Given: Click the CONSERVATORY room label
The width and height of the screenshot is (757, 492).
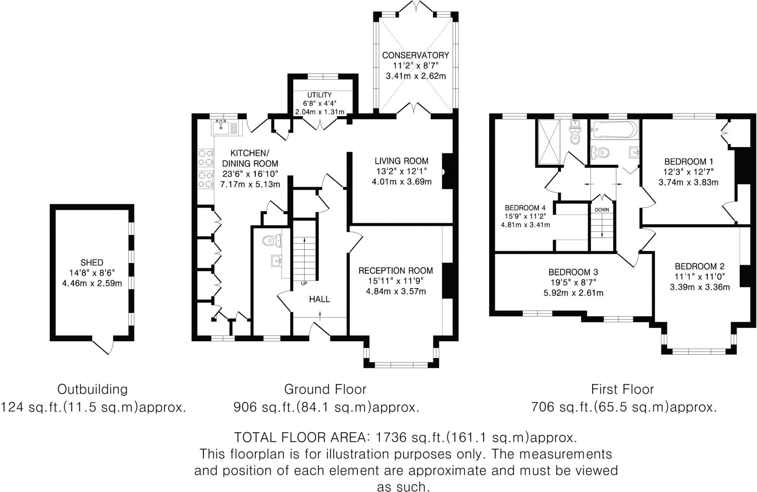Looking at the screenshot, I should (415, 55).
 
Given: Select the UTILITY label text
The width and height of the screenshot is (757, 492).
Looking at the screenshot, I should (319, 95).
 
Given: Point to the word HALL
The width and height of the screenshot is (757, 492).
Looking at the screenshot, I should (319, 299).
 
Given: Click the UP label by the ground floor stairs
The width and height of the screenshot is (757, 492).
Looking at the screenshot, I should (304, 284).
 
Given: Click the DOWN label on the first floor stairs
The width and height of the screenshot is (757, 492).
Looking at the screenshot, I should (602, 210).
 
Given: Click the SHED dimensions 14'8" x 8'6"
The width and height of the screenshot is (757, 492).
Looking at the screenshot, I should (92, 273).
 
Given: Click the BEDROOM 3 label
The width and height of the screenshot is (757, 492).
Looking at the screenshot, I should (573, 273).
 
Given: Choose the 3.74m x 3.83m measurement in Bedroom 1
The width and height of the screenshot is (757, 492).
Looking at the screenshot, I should (688, 182).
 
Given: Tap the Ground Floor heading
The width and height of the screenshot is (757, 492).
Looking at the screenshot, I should (325, 389).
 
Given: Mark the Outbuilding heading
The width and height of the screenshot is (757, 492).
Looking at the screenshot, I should (92, 389).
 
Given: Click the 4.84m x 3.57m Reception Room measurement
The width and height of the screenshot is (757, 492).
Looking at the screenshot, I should (396, 291).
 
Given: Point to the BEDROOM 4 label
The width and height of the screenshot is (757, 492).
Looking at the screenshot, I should (525, 208).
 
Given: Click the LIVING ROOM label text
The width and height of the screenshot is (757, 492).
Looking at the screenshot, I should (401, 161).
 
